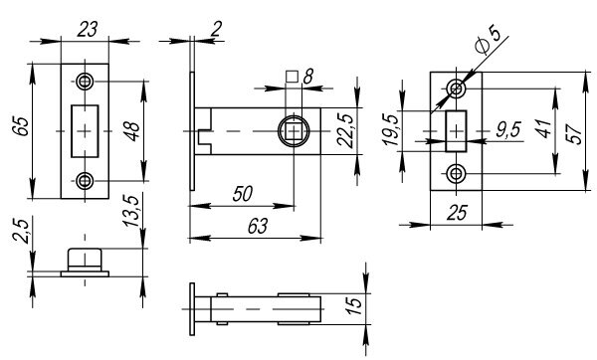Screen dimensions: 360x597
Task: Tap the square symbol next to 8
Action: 292,75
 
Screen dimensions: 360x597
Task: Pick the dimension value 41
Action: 539,129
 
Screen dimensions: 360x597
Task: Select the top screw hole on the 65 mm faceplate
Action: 86,81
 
